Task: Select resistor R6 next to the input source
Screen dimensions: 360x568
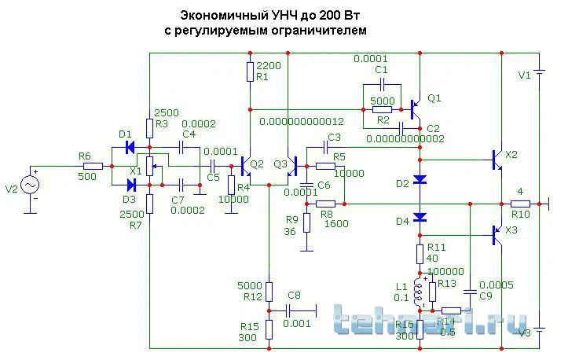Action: [x=93, y=166]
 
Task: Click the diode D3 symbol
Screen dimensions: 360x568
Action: [x=131, y=185]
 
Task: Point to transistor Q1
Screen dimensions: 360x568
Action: [x=416, y=105]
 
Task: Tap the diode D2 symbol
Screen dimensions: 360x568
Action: [x=420, y=180]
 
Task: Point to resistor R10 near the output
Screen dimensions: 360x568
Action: [x=519, y=203]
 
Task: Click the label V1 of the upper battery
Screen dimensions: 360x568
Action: [x=524, y=75]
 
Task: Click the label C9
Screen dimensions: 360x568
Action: [x=486, y=296]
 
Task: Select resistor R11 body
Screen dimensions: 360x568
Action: [x=420, y=253]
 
